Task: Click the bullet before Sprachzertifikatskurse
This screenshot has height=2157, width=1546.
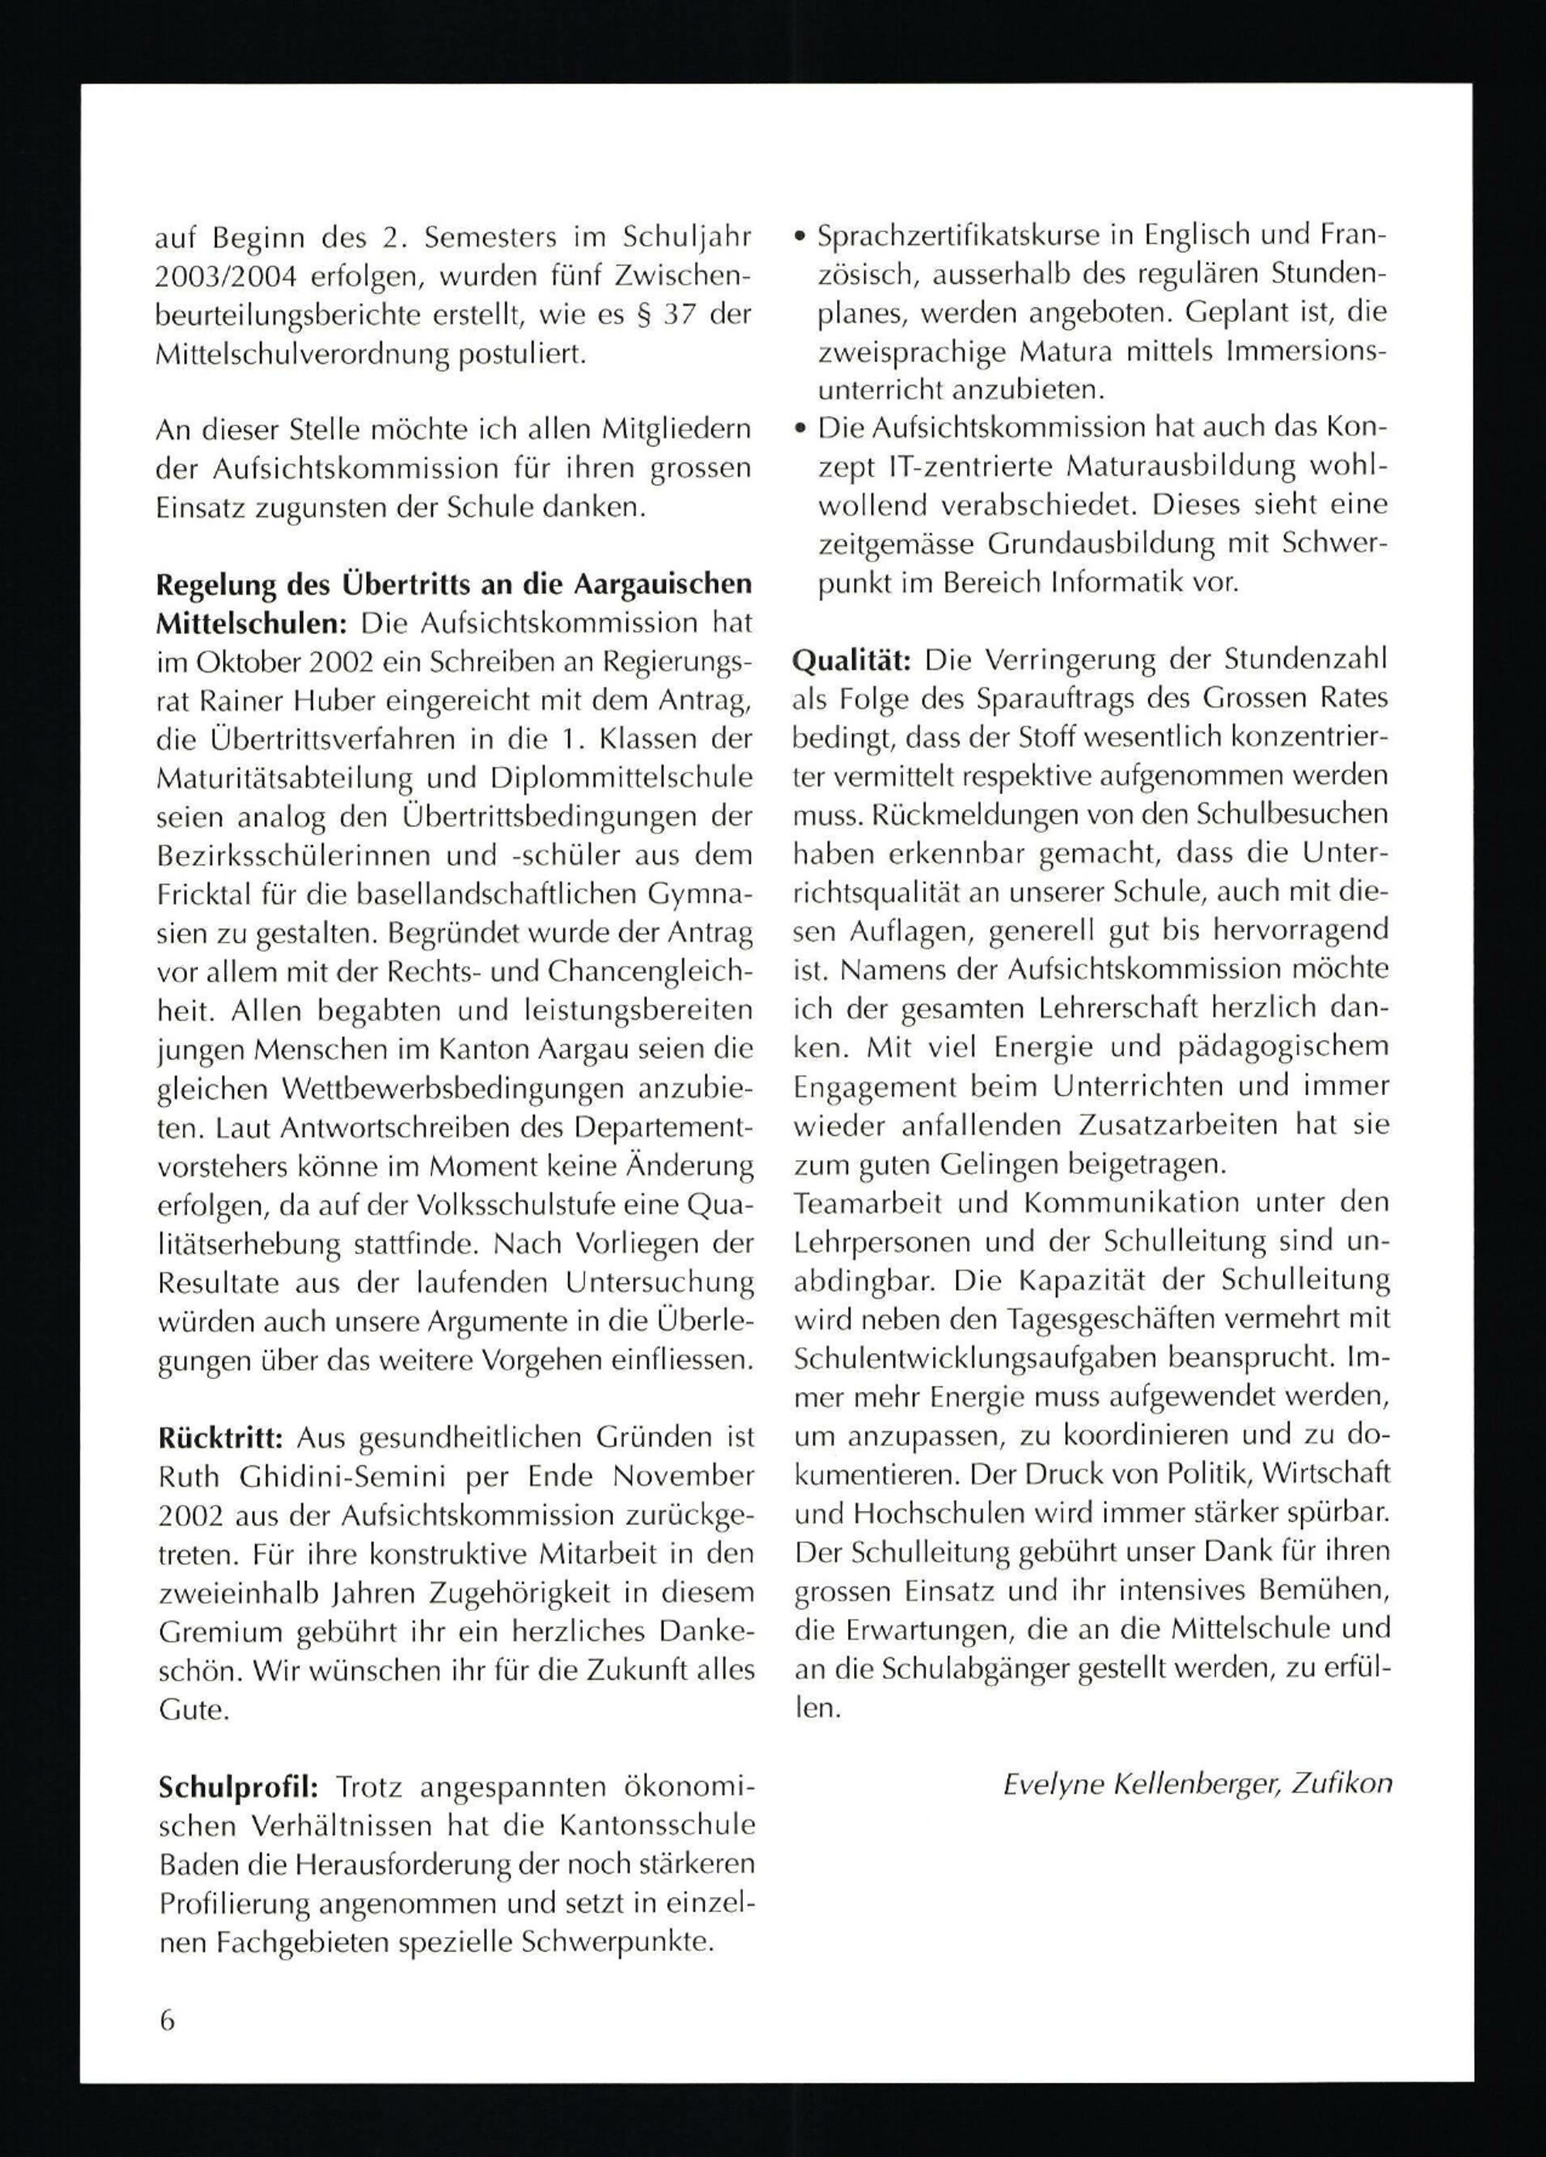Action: click(801, 237)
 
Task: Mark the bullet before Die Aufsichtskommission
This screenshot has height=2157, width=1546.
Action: click(801, 431)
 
